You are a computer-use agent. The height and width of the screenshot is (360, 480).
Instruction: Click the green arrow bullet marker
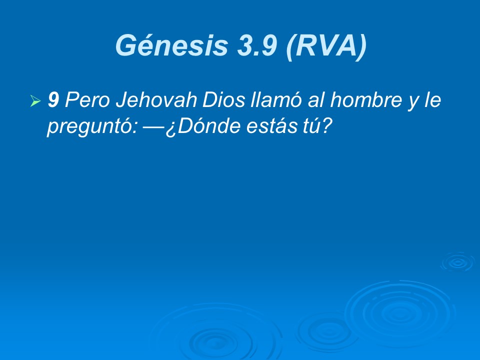tap(35, 102)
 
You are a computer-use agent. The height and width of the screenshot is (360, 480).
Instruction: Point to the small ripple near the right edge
tap(457, 262)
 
